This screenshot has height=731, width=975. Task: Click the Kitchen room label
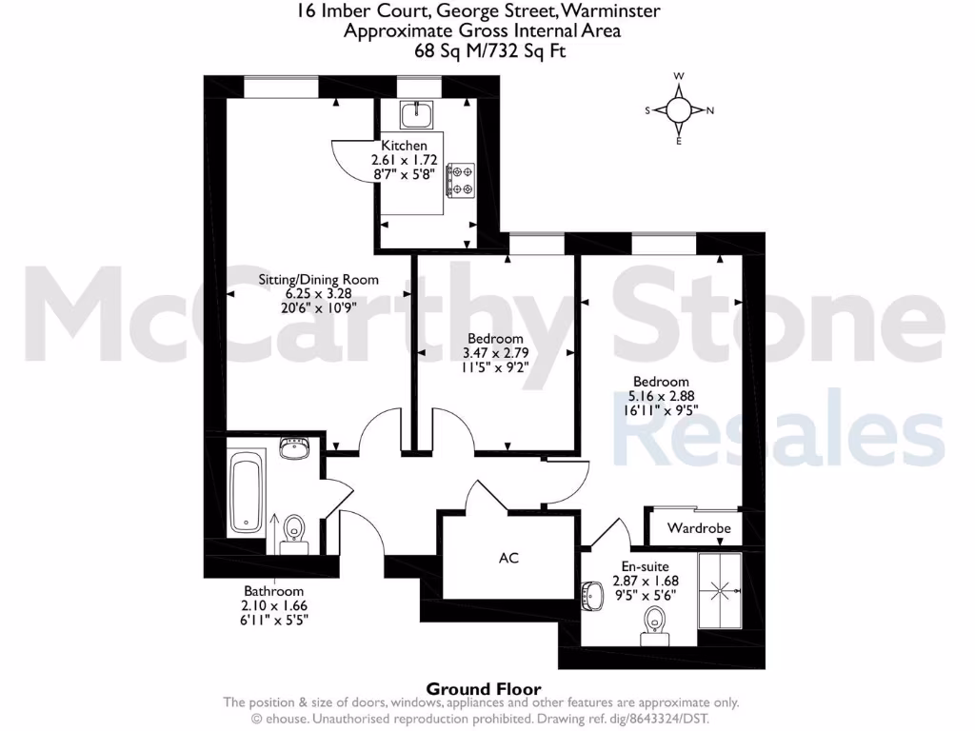(x=404, y=146)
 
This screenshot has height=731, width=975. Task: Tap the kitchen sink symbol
(x=416, y=115)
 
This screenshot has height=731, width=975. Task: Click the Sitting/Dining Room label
(x=319, y=280)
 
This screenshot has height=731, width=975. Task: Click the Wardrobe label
(x=699, y=527)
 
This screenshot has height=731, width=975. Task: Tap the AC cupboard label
(x=508, y=558)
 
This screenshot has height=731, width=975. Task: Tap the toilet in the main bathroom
(x=294, y=531)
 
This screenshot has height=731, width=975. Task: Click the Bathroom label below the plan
(x=273, y=590)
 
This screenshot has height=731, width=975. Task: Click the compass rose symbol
(x=679, y=109)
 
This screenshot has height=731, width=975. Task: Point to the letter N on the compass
(x=709, y=110)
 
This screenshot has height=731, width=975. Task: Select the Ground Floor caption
(x=483, y=689)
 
